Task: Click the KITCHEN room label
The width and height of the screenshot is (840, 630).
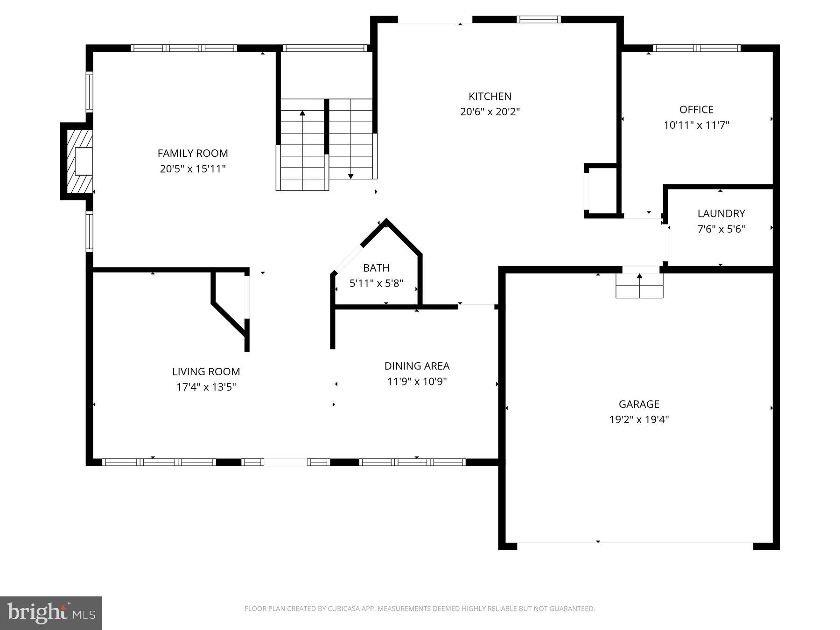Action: [x=490, y=97]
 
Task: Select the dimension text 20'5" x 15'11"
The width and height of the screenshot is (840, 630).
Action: [x=193, y=169]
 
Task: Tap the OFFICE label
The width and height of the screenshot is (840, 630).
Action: [x=696, y=110]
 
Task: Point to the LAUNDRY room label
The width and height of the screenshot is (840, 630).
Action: [x=721, y=214]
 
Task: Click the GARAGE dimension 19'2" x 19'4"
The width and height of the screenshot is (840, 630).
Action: [x=639, y=420]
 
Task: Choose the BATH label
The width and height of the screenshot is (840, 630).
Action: [x=376, y=268]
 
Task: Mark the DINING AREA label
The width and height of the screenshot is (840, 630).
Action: [x=417, y=366]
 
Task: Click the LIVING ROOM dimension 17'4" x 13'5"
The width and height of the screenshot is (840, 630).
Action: [x=206, y=387]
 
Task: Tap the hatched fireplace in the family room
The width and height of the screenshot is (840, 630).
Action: [x=78, y=161]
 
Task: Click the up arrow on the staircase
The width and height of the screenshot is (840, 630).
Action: [x=302, y=113]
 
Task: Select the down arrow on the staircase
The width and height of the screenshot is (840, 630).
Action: [x=350, y=175]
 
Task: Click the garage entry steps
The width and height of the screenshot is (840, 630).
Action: [x=639, y=286]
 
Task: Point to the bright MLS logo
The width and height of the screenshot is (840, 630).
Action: [x=51, y=613]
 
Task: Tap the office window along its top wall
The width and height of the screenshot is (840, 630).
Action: [x=696, y=48]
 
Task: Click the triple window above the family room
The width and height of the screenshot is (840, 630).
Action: [x=184, y=48]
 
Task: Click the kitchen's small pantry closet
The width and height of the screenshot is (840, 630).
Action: [x=602, y=191]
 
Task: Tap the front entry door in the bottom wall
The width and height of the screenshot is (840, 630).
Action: [x=286, y=462]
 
